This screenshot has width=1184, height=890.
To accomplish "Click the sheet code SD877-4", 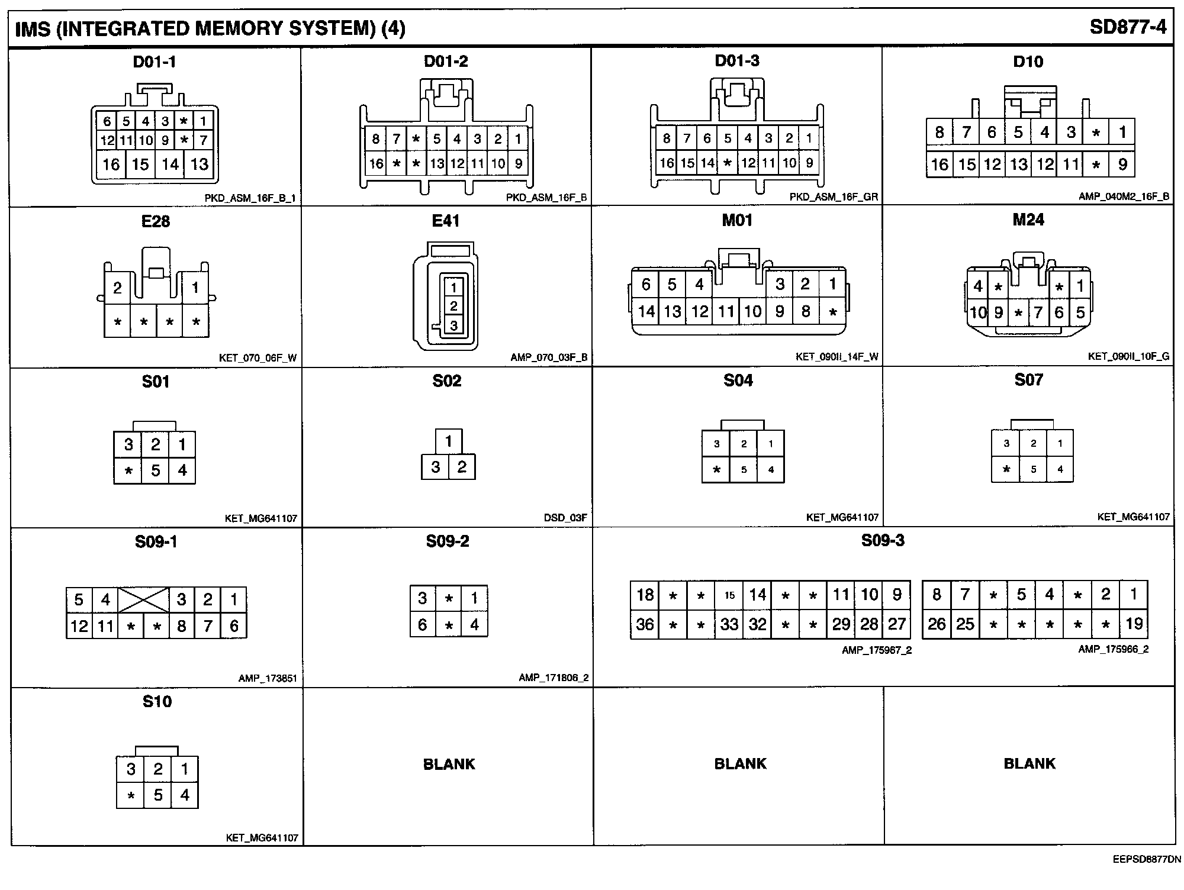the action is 1128,28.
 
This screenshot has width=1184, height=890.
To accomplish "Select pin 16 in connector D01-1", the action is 111,165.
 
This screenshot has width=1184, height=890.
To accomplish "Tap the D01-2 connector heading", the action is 446,62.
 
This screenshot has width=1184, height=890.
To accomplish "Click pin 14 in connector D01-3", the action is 707,163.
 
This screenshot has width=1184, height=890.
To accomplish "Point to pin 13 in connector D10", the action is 1019,165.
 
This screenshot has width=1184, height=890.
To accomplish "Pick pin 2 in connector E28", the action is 117,288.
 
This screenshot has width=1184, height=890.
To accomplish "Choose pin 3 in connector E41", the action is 453,325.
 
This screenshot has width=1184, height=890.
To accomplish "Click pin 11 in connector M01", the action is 726,311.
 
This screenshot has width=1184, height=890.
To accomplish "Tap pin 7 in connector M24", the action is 1038,312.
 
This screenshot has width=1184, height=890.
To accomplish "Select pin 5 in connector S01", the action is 155,470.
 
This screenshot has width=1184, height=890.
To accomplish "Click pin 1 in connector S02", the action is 448,441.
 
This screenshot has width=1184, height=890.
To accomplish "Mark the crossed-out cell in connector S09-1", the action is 143,599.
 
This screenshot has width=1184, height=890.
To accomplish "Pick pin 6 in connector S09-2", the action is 422,624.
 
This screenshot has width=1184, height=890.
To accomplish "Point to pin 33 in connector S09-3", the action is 729,624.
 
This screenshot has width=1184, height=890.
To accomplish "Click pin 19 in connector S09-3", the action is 1133,624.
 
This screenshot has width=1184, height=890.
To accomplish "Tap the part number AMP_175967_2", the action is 876,650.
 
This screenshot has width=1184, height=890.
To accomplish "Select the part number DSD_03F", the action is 565,518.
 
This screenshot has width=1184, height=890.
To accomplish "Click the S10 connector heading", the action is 157,702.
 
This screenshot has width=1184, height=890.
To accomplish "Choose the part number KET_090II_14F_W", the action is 836,357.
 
